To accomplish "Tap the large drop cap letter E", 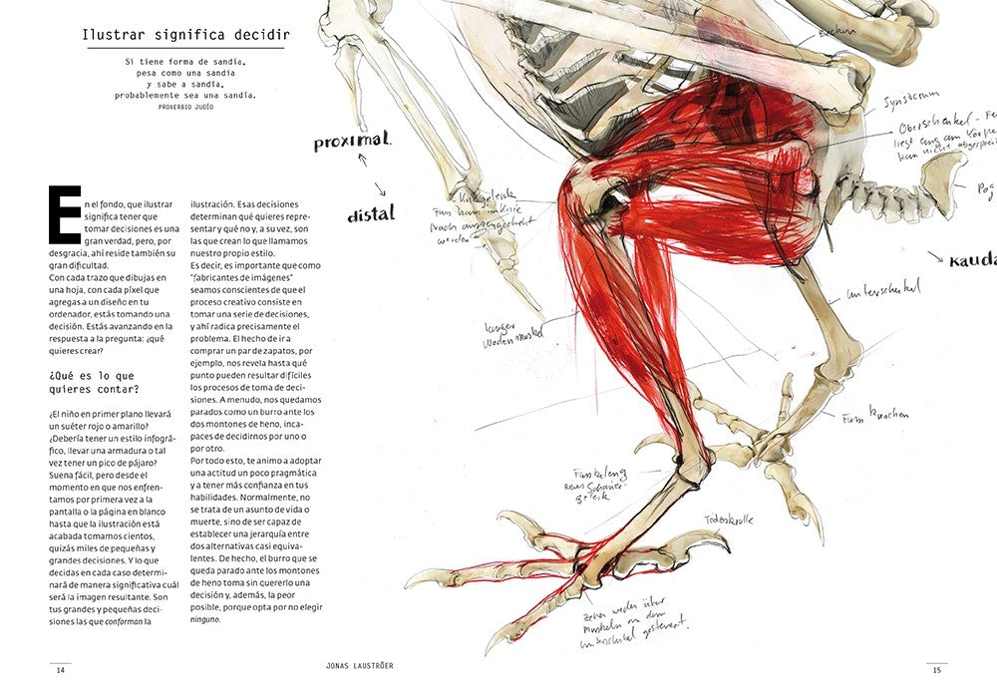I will click(64, 213).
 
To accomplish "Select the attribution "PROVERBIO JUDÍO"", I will click(185, 106).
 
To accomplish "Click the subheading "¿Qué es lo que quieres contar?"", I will click(94, 381).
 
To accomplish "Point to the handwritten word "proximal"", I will click(353, 142).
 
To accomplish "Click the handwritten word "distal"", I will click(371, 213).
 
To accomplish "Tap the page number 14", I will click(60, 670).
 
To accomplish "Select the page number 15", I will click(937, 670).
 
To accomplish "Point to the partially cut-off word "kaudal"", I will click(973, 259).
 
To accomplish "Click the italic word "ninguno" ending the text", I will click(204, 620).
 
